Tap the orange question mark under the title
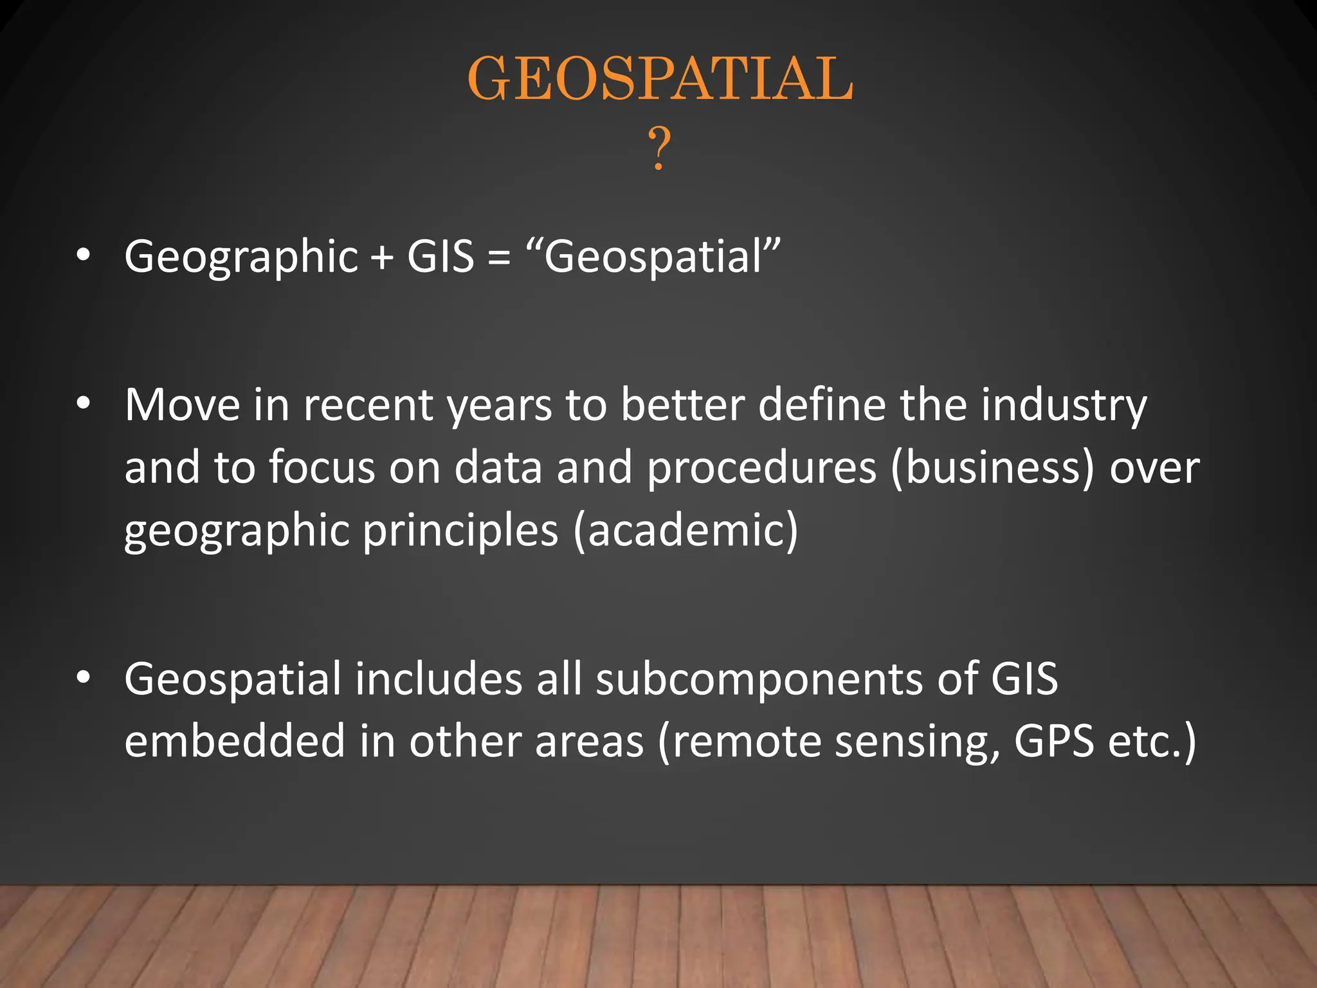coord(658,149)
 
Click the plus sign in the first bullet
coord(382,258)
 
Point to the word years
coord(499,407)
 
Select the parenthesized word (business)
coord(992,468)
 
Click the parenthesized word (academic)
coord(686,531)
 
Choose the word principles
coord(460,532)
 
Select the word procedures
coord(761,468)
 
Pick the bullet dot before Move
coord(83,404)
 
